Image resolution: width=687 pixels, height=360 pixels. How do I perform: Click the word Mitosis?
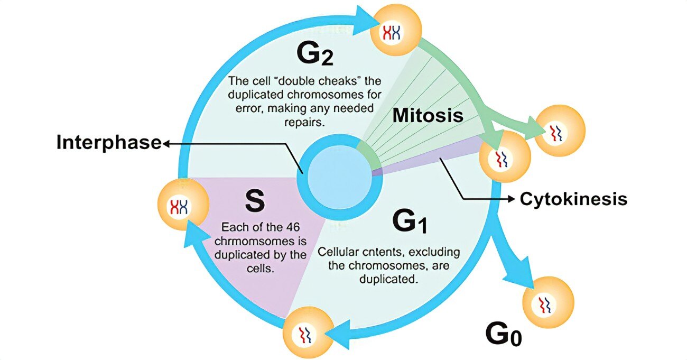(x=428, y=115)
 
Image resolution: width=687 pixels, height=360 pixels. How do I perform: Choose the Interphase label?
(x=108, y=143)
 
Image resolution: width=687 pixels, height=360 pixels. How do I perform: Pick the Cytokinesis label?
(x=573, y=199)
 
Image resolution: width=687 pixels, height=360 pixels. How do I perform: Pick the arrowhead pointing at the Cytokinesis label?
(x=511, y=199)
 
